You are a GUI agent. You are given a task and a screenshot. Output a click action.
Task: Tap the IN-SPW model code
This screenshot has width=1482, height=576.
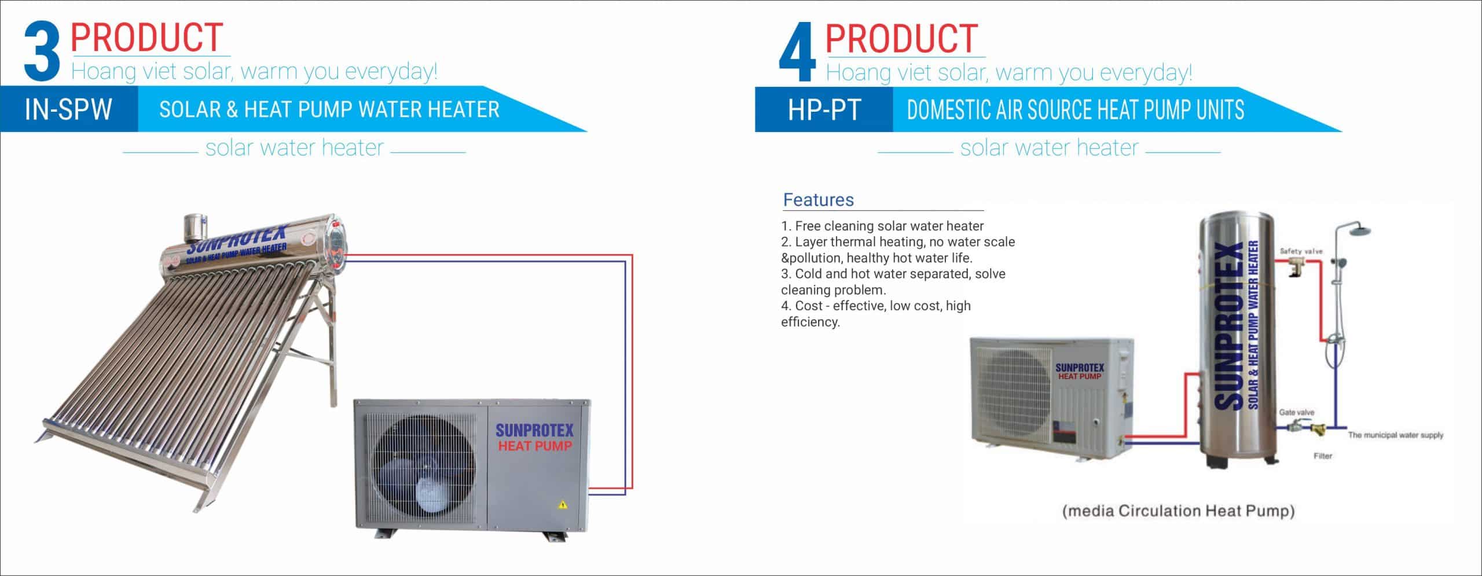click(x=68, y=109)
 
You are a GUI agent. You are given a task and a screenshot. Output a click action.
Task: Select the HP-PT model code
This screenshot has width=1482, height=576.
click(x=824, y=109)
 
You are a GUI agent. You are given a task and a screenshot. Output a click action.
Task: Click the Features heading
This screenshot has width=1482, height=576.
click(x=818, y=200)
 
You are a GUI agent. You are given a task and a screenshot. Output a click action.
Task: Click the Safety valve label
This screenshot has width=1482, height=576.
click(x=1301, y=251)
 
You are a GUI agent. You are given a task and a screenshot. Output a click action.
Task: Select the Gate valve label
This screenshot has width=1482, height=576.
click(x=1297, y=412)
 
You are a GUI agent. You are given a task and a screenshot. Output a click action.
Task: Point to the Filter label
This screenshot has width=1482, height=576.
click(x=1323, y=456)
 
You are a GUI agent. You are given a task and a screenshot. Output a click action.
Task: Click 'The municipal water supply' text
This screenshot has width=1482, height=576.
click(x=1395, y=435)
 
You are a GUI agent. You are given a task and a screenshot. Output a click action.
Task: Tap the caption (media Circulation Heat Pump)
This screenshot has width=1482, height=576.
click(x=1179, y=511)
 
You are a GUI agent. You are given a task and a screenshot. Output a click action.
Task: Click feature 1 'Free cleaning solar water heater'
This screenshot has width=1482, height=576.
click(x=882, y=226)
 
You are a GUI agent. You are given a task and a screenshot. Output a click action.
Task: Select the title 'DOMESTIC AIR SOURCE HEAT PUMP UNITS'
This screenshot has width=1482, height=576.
click(x=1075, y=109)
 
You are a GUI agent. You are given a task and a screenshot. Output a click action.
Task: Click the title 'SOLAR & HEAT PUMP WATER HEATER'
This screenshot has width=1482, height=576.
click(x=329, y=109)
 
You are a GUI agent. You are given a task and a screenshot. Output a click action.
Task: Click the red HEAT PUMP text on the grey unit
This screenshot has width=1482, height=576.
click(x=534, y=446)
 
